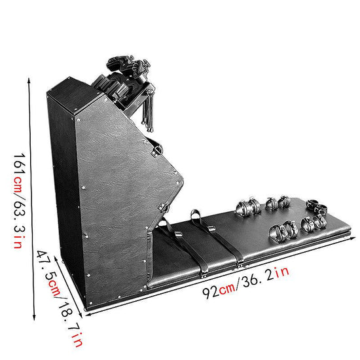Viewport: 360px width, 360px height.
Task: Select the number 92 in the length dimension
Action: coord(210,293)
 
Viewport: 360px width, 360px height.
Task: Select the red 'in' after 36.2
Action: coord(282,272)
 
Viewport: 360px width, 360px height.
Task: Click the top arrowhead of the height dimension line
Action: coord(29,81)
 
